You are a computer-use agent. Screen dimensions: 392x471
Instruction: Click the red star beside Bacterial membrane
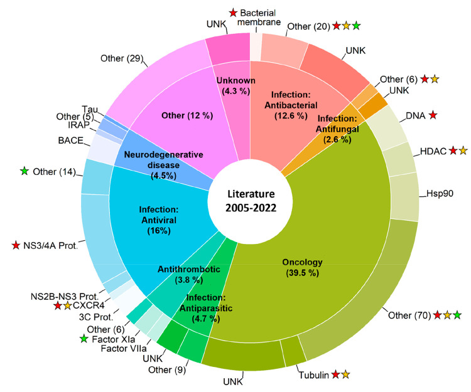coord(234,11)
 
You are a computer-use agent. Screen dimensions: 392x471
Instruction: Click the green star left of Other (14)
coord(25,171)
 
